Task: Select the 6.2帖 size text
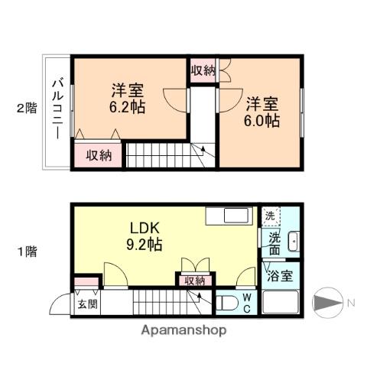click(x=128, y=106)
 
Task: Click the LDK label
click(x=143, y=229)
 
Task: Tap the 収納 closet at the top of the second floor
click(x=203, y=70)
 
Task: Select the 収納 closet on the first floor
click(x=194, y=281)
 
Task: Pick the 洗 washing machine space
click(x=270, y=216)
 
